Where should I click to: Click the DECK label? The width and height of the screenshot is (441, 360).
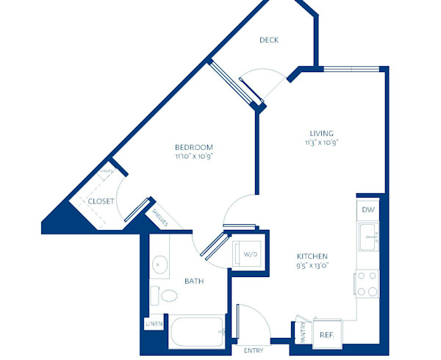pos(269,40)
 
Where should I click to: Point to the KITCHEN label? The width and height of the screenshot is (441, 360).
pos(312,256)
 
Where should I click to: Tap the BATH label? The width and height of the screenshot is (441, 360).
pos(194,281)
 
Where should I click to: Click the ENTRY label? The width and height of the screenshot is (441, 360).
pos(254,350)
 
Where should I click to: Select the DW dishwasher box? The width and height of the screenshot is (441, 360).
pos(367,209)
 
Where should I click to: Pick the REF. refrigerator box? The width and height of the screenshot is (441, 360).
pos(326,334)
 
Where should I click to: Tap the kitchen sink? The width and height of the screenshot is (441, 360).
pos(368,237)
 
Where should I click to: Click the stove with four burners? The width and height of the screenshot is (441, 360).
pos(367,285)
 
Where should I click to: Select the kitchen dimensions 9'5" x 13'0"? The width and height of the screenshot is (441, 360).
pos(312,265)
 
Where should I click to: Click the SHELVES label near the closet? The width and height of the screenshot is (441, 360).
pos(161,218)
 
